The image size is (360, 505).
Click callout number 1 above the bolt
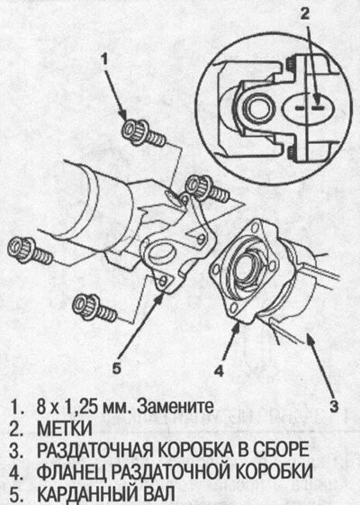103,60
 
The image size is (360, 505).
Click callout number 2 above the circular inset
305,14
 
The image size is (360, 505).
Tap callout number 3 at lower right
334,406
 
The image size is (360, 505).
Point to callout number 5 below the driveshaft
117,367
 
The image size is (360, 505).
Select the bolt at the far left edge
29,250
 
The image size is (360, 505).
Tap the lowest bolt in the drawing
94,308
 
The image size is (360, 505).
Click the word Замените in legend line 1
175,407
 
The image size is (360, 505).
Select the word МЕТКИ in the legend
65,428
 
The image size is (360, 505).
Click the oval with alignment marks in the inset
310,108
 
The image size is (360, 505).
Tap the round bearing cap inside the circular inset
257,109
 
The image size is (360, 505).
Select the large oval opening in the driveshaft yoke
161,252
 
